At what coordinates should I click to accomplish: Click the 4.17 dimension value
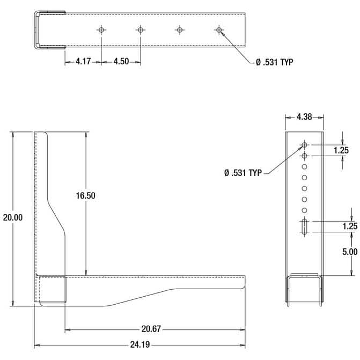pos(83,62)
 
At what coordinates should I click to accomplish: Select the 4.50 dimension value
pos(121,62)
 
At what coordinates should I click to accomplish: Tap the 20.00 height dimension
pos(13,217)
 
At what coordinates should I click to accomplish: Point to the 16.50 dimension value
pos(86,196)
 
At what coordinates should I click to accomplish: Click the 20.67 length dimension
pos(151,329)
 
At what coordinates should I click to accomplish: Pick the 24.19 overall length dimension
pos(140,344)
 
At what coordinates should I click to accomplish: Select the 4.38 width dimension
pos(304,117)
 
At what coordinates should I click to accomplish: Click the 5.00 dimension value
pos(350,252)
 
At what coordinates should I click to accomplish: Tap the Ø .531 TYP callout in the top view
pos(275,62)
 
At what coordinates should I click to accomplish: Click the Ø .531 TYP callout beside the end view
pos(243,173)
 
